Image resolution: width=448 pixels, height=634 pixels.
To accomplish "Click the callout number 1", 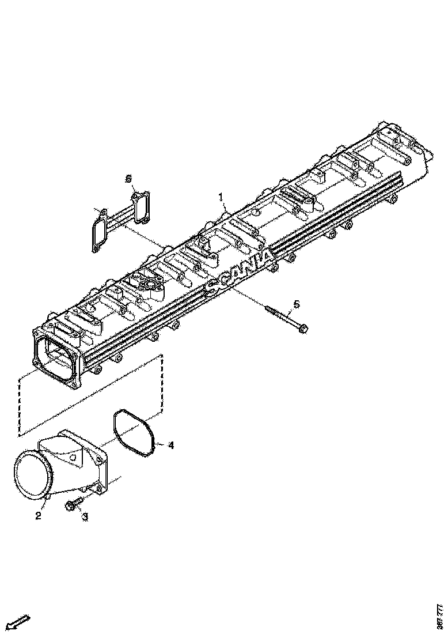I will (x=221, y=198).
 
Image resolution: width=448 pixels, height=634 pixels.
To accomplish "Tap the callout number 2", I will (x=38, y=516).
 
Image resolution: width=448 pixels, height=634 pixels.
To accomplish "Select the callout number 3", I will (x=85, y=517).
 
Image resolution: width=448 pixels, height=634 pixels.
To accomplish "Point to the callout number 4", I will (x=170, y=444).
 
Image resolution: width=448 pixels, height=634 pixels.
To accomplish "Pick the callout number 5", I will (x=296, y=304).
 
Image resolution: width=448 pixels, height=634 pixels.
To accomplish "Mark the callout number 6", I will (x=129, y=179).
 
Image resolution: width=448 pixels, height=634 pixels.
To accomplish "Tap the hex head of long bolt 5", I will (x=303, y=329).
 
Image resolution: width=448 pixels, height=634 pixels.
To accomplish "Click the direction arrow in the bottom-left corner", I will (x=19, y=621).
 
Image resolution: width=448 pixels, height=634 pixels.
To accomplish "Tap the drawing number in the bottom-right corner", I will (x=441, y=615).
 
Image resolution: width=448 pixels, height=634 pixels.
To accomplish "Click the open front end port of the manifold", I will (x=55, y=357).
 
